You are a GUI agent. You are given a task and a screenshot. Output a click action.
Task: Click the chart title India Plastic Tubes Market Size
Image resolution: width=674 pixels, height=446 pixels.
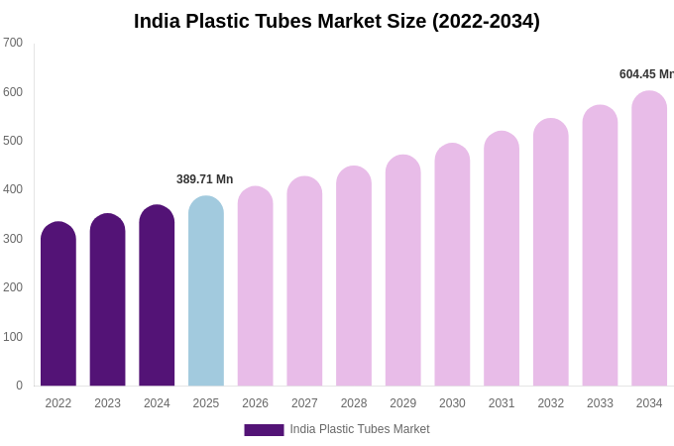[337, 21]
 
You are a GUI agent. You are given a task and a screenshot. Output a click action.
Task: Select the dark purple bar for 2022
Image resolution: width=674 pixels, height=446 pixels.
[58, 305]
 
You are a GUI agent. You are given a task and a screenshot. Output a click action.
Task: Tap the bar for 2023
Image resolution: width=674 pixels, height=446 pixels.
[107, 300]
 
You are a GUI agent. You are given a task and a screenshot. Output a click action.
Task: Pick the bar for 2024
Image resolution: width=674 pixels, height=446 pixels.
[157, 296]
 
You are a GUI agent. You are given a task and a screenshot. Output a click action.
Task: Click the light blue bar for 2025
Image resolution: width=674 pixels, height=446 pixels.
[206, 291]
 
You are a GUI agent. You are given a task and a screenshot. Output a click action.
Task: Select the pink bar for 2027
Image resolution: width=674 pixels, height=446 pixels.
[304, 282]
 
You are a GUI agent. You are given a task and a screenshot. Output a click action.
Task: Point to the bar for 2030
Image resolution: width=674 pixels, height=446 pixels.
[452, 266]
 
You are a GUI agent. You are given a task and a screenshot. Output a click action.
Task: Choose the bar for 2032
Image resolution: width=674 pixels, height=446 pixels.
[551, 253]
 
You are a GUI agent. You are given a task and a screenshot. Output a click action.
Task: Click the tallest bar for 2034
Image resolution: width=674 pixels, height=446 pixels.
[649, 239]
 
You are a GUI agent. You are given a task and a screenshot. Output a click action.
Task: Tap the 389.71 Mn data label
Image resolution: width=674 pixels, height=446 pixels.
[204, 179]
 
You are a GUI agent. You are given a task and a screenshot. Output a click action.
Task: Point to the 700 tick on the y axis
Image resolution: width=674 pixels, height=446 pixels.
[13, 43]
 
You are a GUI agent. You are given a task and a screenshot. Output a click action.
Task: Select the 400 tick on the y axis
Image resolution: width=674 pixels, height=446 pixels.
[13, 189]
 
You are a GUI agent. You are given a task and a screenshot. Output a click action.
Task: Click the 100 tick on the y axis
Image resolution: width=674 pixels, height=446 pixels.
[13, 337]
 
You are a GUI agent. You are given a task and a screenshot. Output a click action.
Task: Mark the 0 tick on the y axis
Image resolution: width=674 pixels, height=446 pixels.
[19, 386]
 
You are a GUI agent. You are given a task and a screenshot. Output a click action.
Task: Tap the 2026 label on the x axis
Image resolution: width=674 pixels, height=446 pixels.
[255, 403]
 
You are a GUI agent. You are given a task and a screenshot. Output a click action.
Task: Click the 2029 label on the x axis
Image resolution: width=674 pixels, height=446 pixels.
[402, 403]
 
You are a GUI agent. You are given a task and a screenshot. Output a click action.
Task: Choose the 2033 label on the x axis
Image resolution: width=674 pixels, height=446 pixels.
[600, 403]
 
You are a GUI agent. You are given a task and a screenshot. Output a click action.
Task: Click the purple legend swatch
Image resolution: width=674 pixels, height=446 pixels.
[264, 430]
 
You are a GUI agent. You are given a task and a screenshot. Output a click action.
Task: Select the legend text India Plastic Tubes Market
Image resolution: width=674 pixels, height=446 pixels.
[360, 429]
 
